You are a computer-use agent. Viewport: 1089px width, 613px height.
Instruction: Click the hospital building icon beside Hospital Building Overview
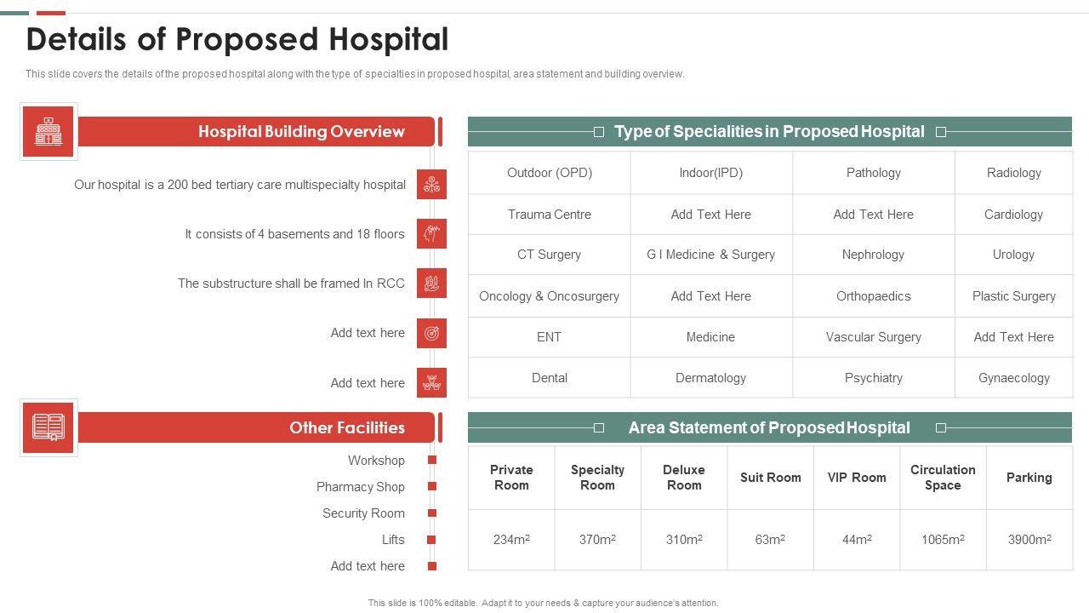coord(48,132)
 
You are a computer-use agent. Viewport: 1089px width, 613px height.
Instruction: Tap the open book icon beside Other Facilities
coord(48,427)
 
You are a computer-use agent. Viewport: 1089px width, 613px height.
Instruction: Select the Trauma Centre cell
coord(549,215)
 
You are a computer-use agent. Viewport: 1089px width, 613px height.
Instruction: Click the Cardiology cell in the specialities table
coord(1013,215)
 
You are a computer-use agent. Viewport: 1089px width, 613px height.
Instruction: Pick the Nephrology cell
coord(873,255)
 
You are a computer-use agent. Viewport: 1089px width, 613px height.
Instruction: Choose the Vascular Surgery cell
coord(873,337)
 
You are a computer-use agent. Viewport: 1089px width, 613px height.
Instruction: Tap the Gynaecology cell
coord(1013,378)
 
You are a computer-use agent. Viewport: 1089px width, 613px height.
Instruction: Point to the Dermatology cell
coord(710,378)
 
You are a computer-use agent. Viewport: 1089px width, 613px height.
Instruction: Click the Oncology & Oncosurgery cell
coord(549,296)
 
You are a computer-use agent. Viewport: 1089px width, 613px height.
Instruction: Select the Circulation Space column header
coord(943,478)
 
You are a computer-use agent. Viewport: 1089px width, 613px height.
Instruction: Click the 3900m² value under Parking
coord(1029,540)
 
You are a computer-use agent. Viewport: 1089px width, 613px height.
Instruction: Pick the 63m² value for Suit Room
coord(770,540)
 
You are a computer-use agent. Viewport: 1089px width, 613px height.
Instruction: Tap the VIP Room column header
coord(856,478)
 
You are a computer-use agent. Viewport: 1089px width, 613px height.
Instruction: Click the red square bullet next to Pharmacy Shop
coord(432,487)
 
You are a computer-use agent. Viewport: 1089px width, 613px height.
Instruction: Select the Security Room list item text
coord(363,513)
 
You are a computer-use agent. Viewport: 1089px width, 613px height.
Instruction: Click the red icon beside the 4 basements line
coord(431,234)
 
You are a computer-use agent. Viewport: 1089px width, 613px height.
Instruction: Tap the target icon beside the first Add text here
coord(431,334)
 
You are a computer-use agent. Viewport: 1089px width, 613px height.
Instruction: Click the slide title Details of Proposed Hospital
coord(237,40)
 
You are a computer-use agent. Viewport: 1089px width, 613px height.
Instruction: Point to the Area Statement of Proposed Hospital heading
coord(769,427)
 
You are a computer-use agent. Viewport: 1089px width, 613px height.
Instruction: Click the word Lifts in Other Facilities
coord(393,540)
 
